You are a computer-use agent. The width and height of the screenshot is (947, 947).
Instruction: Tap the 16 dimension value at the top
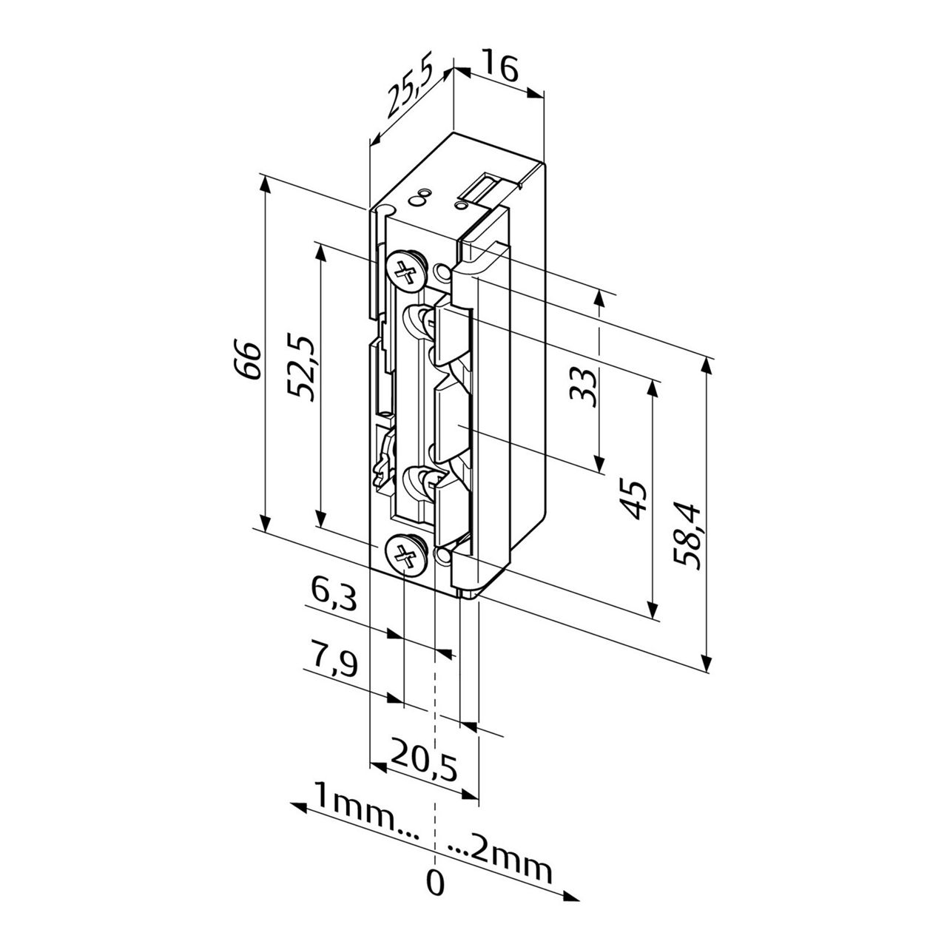pos(500,67)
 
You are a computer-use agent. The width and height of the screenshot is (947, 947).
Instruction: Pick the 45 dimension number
pos(633,500)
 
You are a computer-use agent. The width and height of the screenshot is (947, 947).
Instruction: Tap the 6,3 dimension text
pos(333,594)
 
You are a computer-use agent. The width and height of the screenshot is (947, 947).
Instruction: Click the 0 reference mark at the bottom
pos(436,883)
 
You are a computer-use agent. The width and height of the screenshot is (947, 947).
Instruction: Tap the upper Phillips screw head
pos(406,272)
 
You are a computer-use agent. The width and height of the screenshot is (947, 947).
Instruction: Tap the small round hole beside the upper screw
pos(443,274)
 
